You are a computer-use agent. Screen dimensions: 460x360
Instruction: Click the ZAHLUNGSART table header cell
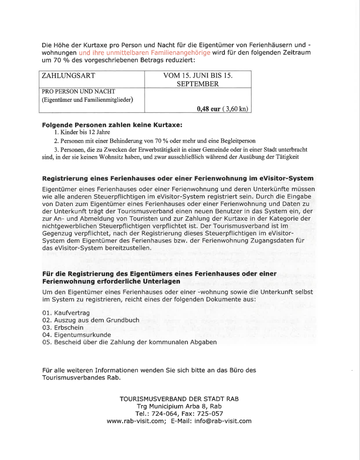tap(69, 76)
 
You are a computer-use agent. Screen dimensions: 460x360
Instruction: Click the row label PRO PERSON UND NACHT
tap(79, 91)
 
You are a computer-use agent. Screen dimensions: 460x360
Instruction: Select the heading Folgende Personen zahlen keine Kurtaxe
tap(112, 123)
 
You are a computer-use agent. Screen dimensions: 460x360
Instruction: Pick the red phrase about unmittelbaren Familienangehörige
tap(144, 52)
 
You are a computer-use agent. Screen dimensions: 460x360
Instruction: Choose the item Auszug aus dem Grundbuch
tap(91, 320)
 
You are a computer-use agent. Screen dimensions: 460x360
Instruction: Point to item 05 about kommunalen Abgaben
tap(130, 342)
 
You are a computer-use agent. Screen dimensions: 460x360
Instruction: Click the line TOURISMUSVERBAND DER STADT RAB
tap(179, 399)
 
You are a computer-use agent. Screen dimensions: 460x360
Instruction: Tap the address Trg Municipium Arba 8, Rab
tap(179, 406)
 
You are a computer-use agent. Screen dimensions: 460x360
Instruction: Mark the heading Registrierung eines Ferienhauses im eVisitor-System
tap(177, 178)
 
